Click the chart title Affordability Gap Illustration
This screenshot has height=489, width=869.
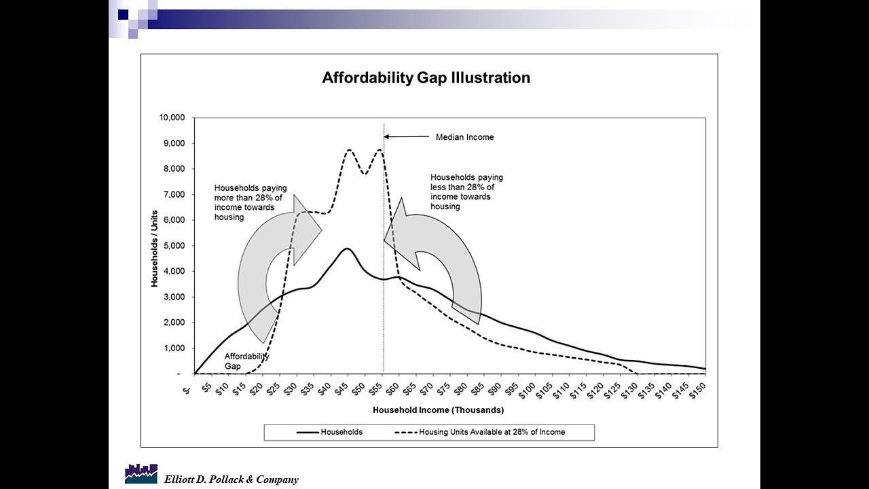[426, 77]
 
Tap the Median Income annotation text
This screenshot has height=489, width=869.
[464, 137]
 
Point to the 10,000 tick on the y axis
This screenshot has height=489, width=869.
[171, 117]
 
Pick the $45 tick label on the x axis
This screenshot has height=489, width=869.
[343, 388]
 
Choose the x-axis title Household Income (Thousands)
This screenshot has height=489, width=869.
[438, 410]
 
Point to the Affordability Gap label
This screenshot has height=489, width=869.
[246, 361]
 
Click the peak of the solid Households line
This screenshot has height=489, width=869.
[347, 249]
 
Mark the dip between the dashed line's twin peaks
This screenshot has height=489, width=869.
[365, 173]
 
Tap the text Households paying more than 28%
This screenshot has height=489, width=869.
[251, 202]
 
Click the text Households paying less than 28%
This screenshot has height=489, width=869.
[466, 192]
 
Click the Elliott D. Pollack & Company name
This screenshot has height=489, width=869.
[231, 479]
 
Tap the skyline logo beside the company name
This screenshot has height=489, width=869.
[141, 473]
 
